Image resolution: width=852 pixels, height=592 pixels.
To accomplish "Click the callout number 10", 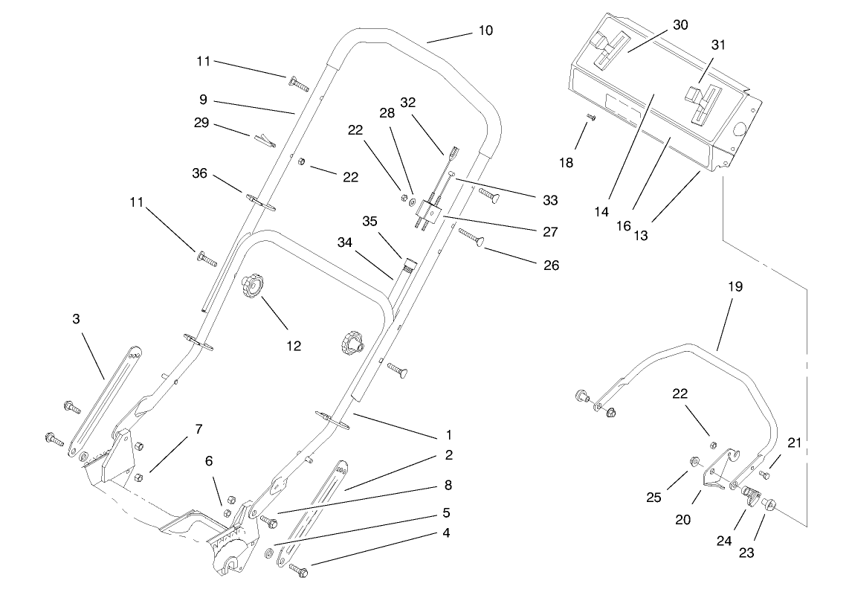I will tap(485, 30).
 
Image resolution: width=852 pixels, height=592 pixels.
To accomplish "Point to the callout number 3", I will tap(76, 318).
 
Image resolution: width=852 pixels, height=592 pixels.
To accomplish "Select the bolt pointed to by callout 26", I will tap(473, 237).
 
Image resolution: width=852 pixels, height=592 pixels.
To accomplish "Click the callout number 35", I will tap(370, 221).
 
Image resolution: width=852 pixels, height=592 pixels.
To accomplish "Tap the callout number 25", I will tap(653, 497).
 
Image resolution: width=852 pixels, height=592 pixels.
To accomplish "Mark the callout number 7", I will tap(199, 429).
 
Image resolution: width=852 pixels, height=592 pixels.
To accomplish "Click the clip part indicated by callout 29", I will tap(262, 139).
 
